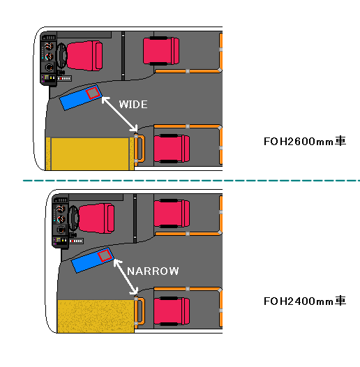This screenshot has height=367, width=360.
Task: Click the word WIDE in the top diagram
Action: (x=133, y=105)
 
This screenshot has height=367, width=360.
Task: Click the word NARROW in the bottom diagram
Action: (x=153, y=271)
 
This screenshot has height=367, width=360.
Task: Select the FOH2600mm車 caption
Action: (x=305, y=141)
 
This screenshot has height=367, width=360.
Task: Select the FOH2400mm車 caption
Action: (x=305, y=301)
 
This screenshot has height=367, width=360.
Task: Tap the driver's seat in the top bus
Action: (x=84, y=56)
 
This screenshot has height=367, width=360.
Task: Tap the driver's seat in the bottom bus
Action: (x=96, y=218)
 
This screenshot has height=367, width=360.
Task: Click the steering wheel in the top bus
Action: (x=62, y=56)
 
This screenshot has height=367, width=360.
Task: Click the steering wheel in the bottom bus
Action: (x=74, y=218)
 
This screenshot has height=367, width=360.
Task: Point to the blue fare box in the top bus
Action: (x=80, y=98)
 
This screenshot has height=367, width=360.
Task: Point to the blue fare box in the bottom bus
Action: (x=93, y=260)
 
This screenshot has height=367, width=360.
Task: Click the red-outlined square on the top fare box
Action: (x=93, y=93)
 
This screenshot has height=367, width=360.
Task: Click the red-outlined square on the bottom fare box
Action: (x=105, y=255)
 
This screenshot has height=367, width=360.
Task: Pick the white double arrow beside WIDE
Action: (x=119, y=114)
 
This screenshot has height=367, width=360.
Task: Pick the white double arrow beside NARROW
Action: (x=126, y=277)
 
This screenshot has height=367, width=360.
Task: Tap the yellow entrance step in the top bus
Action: (x=90, y=153)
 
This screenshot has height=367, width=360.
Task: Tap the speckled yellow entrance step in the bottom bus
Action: (x=96, y=316)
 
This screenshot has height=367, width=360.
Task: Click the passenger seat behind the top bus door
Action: (x=172, y=149)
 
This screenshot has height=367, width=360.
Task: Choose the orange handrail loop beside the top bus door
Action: (x=140, y=149)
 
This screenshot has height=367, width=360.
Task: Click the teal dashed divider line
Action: (x=191, y=181)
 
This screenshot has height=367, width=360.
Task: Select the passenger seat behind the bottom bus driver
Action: (x=172, y=214)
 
